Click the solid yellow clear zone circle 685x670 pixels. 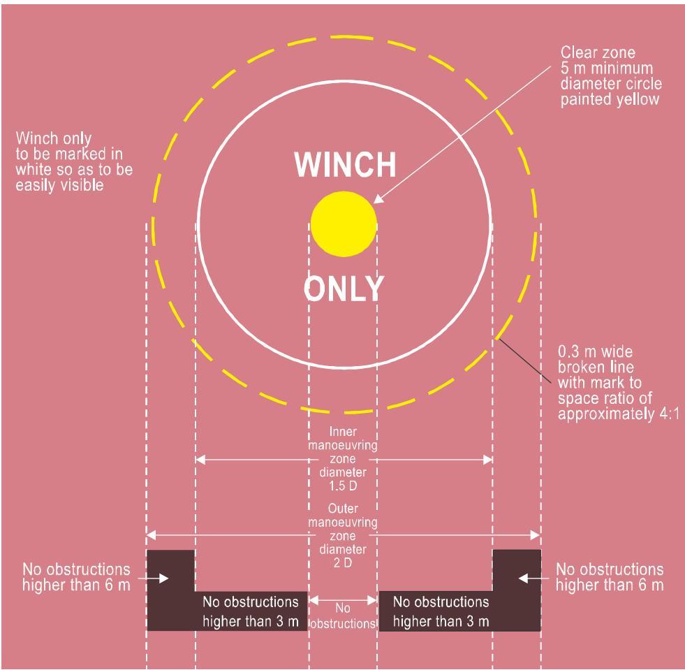click(x=344, y=224)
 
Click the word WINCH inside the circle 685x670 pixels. click(x=345, y=164)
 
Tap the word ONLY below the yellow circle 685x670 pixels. click(x=344, y=288)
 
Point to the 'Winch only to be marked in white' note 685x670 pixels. click(x=74, y=161)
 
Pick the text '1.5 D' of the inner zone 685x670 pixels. click(x=343, y=486)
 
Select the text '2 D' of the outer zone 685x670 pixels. click(x=343, y=563)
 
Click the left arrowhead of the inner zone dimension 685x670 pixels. click(x=200, y=459)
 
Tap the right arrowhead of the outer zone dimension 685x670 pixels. click(x=536, y=535)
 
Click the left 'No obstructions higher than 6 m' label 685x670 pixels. click(x=76, y=577)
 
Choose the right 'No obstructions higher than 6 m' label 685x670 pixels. click(x=610, y=577)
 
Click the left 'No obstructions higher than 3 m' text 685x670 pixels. click(x=251, y=611)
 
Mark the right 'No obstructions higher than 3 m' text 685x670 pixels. click(x=441, y=611)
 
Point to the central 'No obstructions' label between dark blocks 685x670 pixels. click(x=343, y=616)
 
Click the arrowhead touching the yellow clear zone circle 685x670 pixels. click(x=378, y=198)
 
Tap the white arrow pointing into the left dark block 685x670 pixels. click(x=154, y=578)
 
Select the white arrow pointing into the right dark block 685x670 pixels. click(x=534, y=578)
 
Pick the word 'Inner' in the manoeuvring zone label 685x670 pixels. click(x=343, y=432)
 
